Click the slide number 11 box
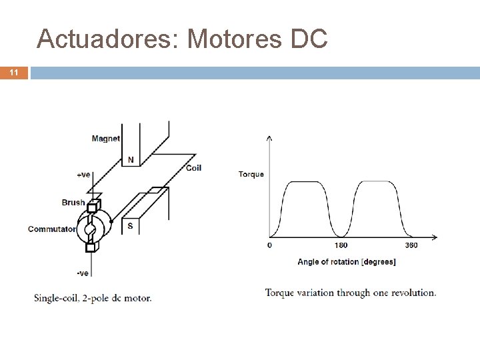tap(13, 73)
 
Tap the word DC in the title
tap(309, 39)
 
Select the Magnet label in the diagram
tap(105, 139)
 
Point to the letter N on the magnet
tap(131, 160)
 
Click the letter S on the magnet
tap(130, 226)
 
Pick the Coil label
tap(193, 168)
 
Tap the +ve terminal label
tap(83, 175)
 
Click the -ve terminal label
tap(83, 273)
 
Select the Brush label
tap(73, 203)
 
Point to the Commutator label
tap(51, 229)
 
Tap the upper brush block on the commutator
tap(93, 205)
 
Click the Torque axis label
tap(251, 175)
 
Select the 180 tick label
tap(340, 245)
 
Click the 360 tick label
tap(411, 245)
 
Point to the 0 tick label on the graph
tap(269, 245)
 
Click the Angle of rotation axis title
tap(346, 262)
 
